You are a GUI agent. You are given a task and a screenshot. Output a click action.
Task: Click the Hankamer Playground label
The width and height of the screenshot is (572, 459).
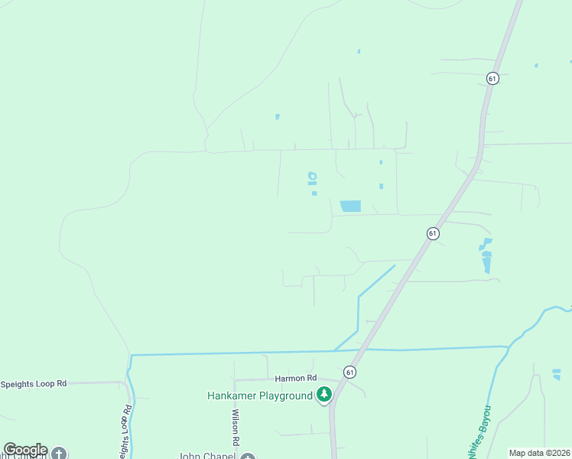click(259, 396)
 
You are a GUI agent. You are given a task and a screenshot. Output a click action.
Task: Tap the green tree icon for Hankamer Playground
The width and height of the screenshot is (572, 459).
click(325, 395)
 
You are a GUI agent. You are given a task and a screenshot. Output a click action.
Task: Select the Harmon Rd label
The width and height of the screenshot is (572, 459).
click(296, 378)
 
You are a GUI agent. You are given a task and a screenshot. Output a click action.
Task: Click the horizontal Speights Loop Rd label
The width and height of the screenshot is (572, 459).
click(34, 383)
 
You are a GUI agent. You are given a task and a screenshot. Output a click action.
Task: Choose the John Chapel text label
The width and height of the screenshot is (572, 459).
click(206, 456)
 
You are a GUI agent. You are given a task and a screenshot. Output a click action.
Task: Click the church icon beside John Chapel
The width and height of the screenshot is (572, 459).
click(247, 457)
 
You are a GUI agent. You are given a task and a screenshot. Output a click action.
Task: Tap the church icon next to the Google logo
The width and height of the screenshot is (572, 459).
click(59, 453)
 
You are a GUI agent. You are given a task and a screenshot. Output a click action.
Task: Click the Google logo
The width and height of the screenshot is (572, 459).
click(24, 450)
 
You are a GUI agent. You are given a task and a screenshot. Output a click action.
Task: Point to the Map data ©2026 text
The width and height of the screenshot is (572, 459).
click(539, 453)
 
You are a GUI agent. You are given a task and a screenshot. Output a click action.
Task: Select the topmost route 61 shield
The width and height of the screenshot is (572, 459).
click(492, 78)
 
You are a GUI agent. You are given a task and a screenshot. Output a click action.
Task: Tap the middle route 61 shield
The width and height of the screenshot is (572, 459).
click(433, 233)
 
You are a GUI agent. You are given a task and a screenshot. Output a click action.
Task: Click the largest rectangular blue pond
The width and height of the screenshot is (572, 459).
click(350, 206)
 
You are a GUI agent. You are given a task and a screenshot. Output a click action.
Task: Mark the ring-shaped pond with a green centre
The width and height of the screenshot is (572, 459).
click(312, 177)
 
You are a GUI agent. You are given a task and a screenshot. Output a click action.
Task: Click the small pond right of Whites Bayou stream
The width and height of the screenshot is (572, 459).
click(556, 374)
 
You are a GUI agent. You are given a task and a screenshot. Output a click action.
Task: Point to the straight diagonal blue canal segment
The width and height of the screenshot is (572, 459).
click(376, 281)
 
